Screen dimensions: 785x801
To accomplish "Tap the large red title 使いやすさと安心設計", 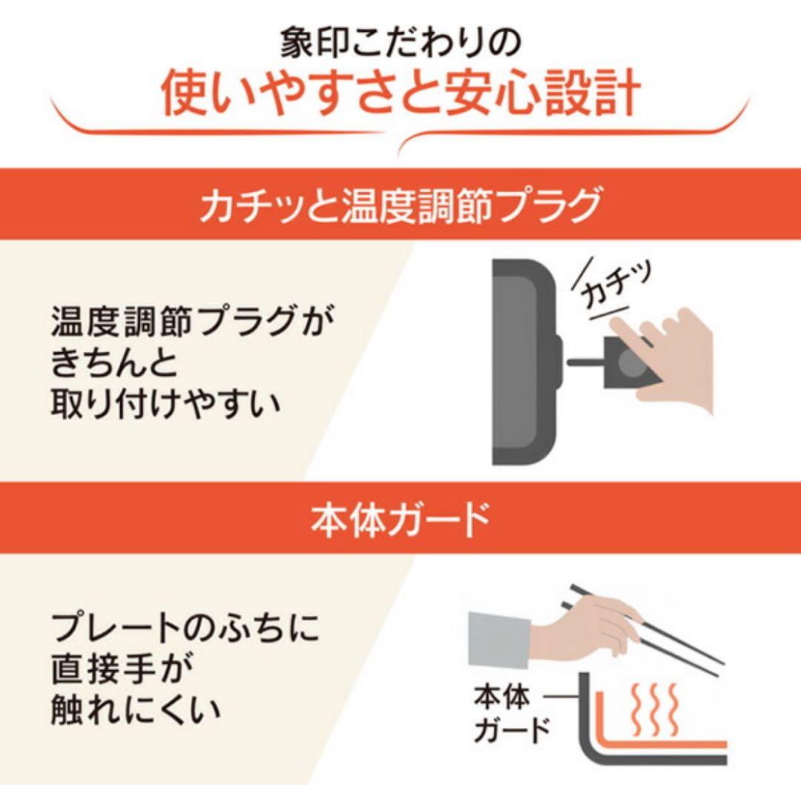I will (x=400, y=96).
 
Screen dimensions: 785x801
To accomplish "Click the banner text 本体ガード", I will (x=400, y=519).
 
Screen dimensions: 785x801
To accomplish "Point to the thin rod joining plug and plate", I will (x=586, y=362).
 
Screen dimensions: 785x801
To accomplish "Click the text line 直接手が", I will (x=123, y=672).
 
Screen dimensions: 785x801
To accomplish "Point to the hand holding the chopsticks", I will (x=586, y=630).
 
